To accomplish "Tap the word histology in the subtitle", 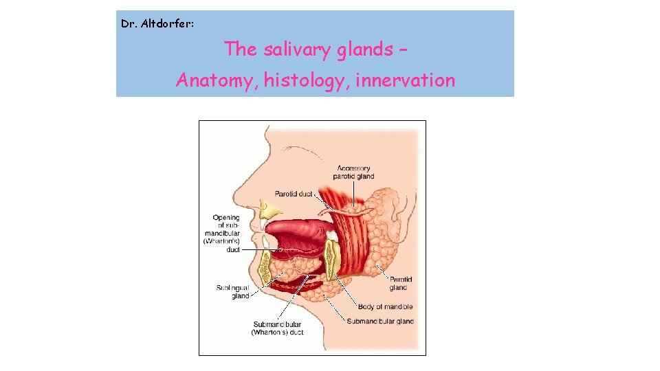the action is click(x=303, y=81).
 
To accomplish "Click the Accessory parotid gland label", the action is click(x=353, y=172).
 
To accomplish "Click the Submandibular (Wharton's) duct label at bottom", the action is click(x=277, y=328).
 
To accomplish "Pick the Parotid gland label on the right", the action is click(x=401, y=284).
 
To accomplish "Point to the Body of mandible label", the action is click(x=384, y=306).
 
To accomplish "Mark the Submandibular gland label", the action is click(x=380, y=322).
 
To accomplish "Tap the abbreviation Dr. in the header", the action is click(x=128, y=24).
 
